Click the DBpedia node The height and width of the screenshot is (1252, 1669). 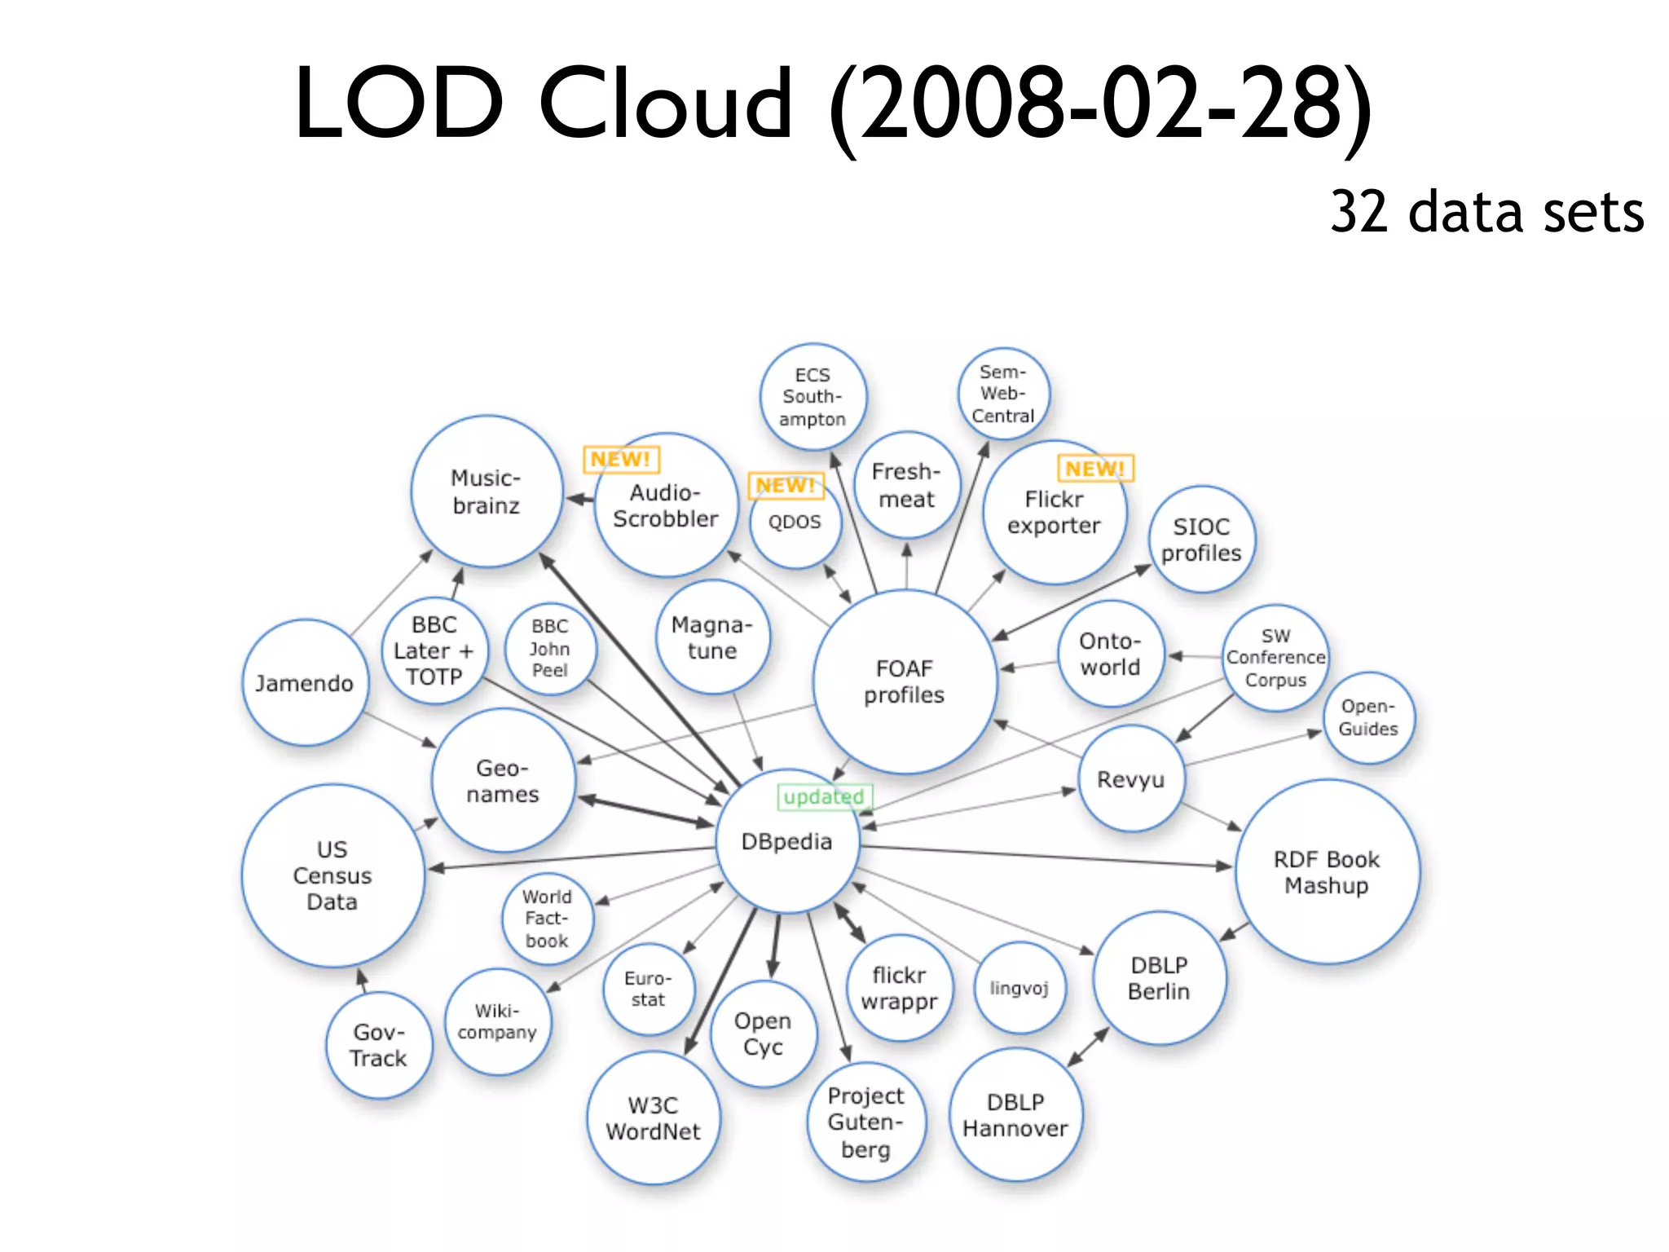pos(787,841)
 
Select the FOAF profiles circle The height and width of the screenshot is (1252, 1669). pos(905,681)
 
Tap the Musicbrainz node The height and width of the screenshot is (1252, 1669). pos(487,492)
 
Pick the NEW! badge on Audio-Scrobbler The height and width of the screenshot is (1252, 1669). pos(621,460)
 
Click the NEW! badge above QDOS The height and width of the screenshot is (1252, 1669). pos(786,486)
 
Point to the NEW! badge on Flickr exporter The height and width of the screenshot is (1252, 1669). pos(1095,469)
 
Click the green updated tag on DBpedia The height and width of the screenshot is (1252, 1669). pos(824,796)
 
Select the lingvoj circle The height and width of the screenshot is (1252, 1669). pos(1019,988)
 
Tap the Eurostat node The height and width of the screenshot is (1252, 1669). pos(649,989)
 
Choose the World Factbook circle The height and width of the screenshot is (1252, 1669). pos(547,919)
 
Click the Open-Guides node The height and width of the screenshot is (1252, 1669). pos(1368,717)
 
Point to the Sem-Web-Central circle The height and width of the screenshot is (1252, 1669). pos(1003,394)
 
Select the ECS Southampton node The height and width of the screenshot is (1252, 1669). pos(812,397)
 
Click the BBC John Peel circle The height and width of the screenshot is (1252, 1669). pos(550,648)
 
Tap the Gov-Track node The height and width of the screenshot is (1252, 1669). pos(379,1045)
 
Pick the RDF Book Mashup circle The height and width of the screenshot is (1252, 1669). pos(1327,872)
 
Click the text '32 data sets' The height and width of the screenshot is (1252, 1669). pos(1486,212)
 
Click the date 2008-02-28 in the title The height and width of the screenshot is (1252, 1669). pos(1099,104)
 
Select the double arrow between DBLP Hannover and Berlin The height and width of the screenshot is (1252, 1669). pos(1088,1047)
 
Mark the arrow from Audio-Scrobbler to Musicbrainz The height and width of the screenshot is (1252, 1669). pos(579,499)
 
